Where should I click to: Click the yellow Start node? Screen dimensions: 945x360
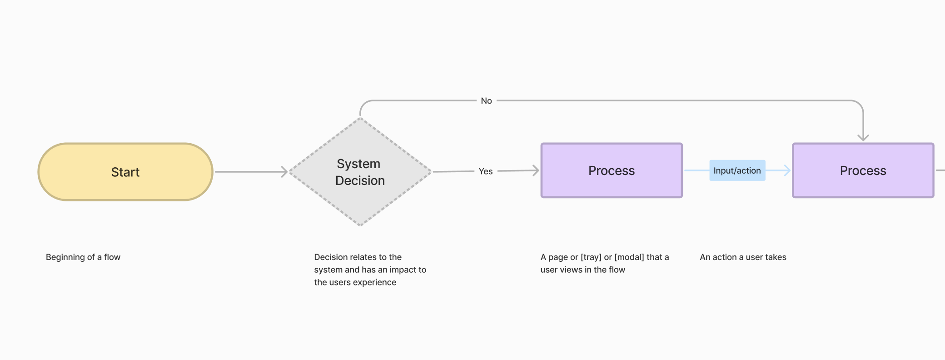pos(125,172)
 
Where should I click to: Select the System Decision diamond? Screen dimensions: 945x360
pos(360,172)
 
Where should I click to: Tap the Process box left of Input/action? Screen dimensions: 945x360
pos(612,170)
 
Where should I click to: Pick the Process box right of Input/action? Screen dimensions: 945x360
pos(863,170)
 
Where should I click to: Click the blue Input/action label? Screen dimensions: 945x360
pos(737,170)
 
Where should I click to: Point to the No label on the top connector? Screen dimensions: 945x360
pos(486,101)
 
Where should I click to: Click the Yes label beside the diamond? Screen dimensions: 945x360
pos(486,171)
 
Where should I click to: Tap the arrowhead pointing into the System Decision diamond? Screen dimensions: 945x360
pos(285,172)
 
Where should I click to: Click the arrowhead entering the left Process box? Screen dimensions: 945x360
pos(536,170)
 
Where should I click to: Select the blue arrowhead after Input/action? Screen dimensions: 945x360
pos(788,170)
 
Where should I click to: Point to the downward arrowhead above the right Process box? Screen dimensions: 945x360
pos(863,137)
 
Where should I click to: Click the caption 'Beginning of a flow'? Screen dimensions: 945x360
pos(83,257)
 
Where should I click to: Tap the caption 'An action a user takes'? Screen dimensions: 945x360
pos(743,257)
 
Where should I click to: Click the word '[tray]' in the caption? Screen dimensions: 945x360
pos(591,257)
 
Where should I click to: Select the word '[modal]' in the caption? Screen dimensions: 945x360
pos(629,257)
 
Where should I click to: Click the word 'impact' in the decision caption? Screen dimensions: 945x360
pos(402,270)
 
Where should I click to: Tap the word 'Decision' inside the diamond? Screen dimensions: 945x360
pos(360,180)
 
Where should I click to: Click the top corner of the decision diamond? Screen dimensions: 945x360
pos(360,118)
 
